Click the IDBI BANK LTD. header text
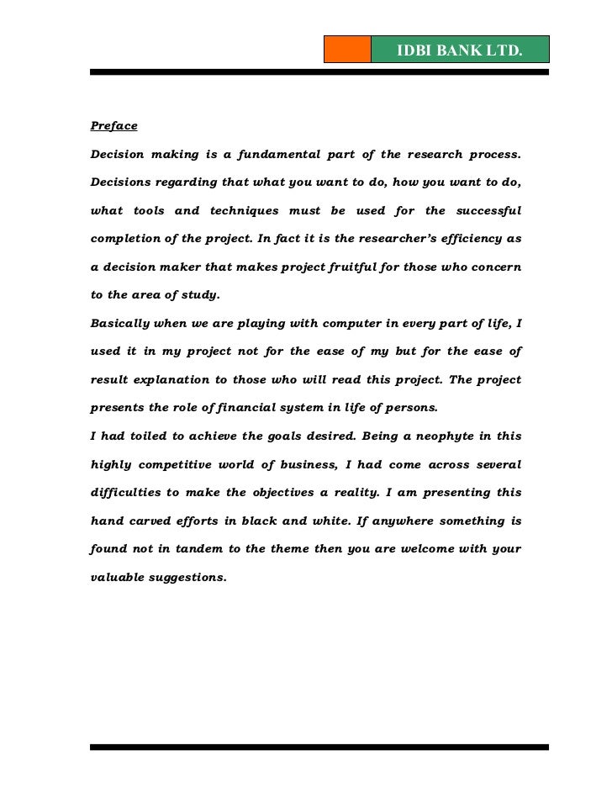coord(459,51)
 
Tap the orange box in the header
coord(346,50)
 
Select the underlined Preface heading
coord(113,127)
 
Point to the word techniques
coord(240,210)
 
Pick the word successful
coord(487,210)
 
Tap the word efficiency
coord(467,239)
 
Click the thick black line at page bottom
coord(319,746)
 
